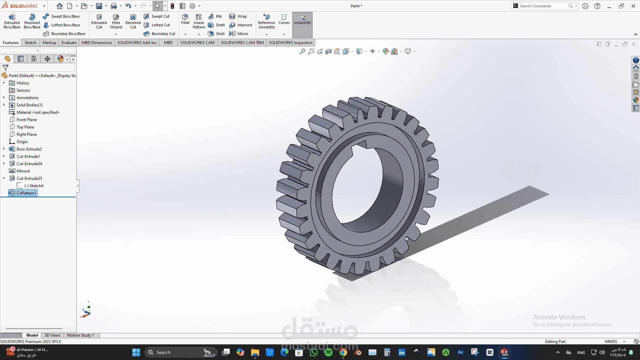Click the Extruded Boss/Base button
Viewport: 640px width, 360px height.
coord(12,21)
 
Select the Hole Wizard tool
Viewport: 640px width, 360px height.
coord(116,21)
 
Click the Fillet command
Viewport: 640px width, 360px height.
coord(185,19)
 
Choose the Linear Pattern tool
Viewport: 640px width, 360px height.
coord(199,21)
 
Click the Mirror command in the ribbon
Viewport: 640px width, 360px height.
coord(239,34)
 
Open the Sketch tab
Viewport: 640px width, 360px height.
coord(30,43)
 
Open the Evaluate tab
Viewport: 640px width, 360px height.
coord(69,43)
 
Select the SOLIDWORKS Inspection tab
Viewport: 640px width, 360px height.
coord(290,43)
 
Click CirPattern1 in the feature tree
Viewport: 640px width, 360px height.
coord(26,193)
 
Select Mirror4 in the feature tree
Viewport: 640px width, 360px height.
coord(23,171)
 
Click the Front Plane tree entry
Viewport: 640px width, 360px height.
coord(27,120)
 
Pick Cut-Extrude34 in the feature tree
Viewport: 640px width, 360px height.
coord(29,164)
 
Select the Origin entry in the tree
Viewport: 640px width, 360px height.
coord(22,142)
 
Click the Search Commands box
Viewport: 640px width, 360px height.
coord(542,6)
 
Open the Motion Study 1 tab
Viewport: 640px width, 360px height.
coord(80,335)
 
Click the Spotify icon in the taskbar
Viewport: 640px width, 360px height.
coord(328,352)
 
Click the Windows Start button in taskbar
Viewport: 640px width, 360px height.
coord(136,352)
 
